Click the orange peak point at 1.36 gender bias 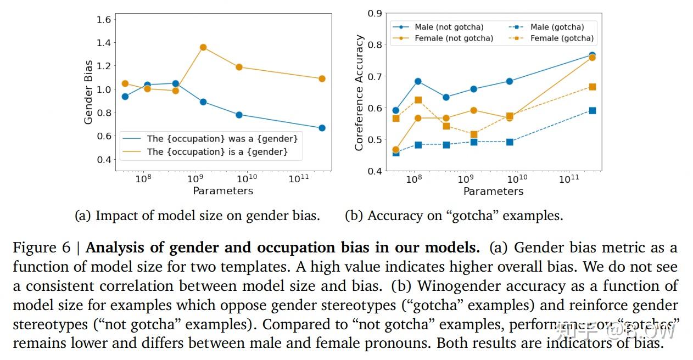(203, 47)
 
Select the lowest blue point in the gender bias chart (322, 128)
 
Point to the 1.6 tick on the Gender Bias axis (104, 20)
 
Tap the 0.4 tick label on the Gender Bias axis (104, 160)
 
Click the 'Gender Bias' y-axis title (88, 92)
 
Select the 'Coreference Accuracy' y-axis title (360, 92)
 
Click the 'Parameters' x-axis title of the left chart (223, 191)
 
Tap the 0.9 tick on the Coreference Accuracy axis (375, 13)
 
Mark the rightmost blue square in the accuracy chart (592, 110)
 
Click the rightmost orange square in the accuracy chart (592, 87)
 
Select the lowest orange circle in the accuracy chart (396, 149)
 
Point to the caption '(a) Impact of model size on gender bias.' (197, 216)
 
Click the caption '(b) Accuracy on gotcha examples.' (454, 216)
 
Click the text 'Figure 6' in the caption (42, 248)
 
